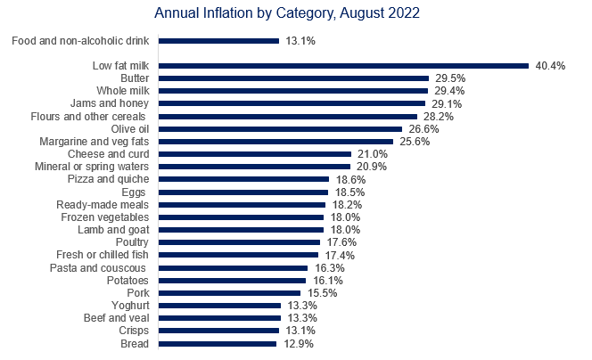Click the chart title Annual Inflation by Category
pyautogui.click(x=286, y=14)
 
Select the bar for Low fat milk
pyautogui.click(x=344, y=65)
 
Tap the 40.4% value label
pyautogui.click(x=548, y=66)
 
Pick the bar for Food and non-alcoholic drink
pyautogui.click(x=219, y=40)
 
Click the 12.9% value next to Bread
pyautogui.click(x=296, y=344)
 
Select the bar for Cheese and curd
pyautogui.click(x=255, y=154)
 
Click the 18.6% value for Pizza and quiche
pyautogui.click(x=348, y=179)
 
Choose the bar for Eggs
pyautogui.click(x=244, y=192)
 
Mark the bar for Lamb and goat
pyautogui.click(x=242, y=230)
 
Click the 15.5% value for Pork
pyautogui.click(x=320, y=293)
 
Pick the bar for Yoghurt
pyautogui.click(x=220, y=306)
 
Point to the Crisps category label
pyautogui.click(x=136, y=331)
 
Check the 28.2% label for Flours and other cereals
pyautogui.click(x=436, y=116)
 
